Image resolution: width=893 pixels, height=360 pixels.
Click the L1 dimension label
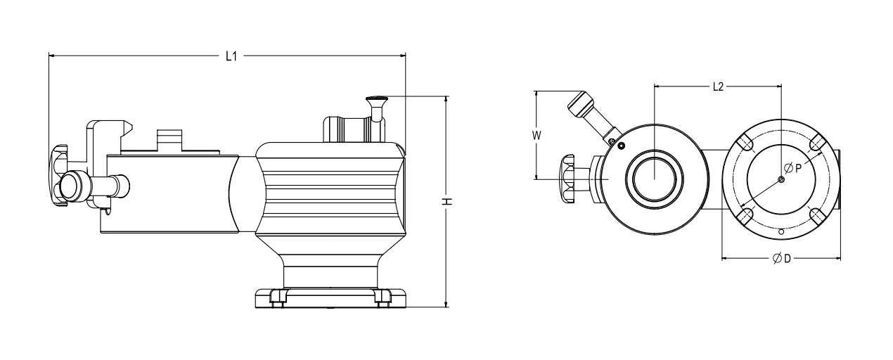pyautogui.click(x=230, y=54)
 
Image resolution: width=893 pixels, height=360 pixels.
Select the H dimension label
pyautogui.click(x=446, y=202)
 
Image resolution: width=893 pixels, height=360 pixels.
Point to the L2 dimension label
pyautogui.click(x=717, y=86)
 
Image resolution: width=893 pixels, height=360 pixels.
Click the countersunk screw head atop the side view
pyautogui.click(x=377, y=100)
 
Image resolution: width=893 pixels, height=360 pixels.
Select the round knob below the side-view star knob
pyautogui.click(x=70, y=185)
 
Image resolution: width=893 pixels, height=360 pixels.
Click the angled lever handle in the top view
pyautogui.click(x=582, y=105)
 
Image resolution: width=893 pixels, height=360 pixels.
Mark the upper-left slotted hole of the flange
pyautogui.click(x=747, y=144)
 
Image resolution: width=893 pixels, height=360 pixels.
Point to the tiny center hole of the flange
pyautogui.click(x=781, y=179)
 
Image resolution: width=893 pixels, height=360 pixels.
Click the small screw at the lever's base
pyautogui.click(x=619, y=145)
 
